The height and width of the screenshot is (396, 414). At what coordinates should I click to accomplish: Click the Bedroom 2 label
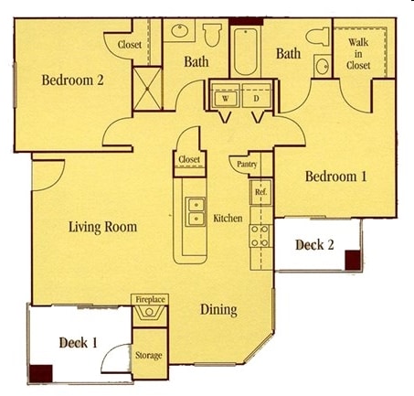[72, 80]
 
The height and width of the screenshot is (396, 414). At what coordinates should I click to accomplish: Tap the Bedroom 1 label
[335, 177]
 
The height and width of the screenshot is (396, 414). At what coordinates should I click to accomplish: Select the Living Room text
[102, 227]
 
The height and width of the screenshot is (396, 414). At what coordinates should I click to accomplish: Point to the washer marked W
[226, 99]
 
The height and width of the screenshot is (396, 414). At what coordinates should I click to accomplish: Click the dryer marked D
[256, 99]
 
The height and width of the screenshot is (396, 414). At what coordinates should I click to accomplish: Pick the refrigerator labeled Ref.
[260, 192]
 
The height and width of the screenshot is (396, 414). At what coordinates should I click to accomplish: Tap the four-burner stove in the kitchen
[260, 236]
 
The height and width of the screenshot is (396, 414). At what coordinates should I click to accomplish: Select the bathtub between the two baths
[245, 51]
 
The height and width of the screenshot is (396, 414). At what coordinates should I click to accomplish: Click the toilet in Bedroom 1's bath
[318, 37]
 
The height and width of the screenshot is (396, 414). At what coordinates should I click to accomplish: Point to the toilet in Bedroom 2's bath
[212, 35]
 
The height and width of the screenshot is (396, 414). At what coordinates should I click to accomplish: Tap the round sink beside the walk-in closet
[323, 66]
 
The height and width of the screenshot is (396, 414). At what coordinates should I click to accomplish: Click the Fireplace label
[150, 299]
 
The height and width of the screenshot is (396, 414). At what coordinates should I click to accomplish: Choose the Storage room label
[149, 355]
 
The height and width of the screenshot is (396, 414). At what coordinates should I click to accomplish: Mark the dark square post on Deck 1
[41, 373]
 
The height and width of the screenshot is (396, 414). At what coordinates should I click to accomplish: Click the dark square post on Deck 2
[353, 260]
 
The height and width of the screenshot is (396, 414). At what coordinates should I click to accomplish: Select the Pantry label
[247, 165]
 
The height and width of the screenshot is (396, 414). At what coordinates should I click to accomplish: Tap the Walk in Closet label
[358, 54]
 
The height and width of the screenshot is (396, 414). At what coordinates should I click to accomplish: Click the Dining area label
[218, 310]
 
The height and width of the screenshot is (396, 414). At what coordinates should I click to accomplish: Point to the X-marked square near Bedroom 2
[147, 89]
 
